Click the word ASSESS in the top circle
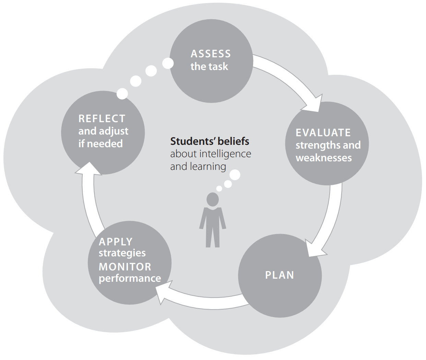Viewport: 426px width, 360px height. [211, 54]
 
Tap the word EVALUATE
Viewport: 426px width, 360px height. [323, 133]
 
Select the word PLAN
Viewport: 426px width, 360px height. [280, 275]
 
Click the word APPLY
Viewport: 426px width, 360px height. [116, 242]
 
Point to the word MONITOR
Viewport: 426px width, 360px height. [125, 267]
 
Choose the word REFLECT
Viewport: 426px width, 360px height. [102, 119]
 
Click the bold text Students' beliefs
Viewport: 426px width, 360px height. [210, 141]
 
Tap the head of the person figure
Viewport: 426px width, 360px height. [213, 199]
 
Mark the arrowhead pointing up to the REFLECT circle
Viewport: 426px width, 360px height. [89, 169]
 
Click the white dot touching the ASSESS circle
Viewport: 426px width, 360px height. [168, 63]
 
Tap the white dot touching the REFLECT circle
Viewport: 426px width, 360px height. [122, 94]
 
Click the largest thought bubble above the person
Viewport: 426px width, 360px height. [235, 175]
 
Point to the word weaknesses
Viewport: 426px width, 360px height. [323, 158]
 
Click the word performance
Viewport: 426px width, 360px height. [130, 278]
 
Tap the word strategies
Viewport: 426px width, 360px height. [122, 253]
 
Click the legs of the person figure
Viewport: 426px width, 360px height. [213, 237]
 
